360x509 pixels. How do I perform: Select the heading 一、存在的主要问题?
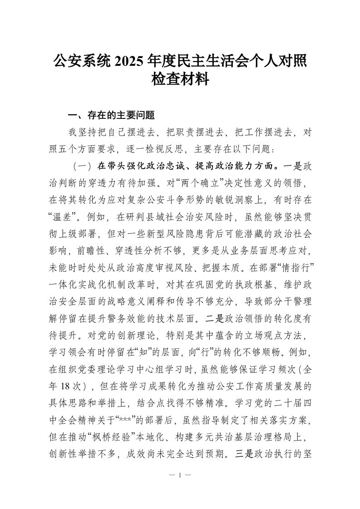pyautogui.click(x=105, y=115)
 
